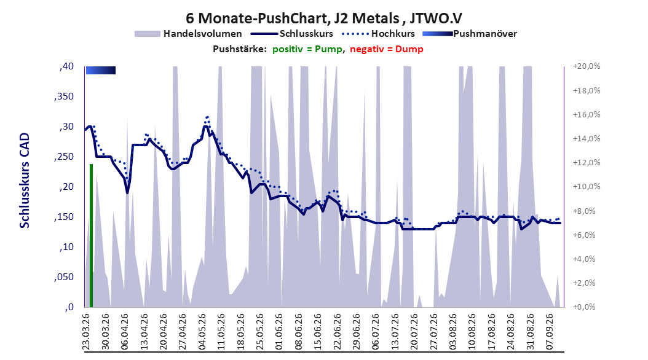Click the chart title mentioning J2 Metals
point(323,18)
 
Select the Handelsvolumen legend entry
point(188,34)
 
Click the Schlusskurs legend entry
point(292,34)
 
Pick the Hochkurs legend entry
point(379,34)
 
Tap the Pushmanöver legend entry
point(470,34)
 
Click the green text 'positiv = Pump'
point(307,49)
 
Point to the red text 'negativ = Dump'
point(387,49)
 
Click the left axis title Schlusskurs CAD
point(25,181)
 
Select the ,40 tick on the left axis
point(66,66)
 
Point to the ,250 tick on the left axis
point(64,157)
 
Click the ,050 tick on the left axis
point(64,277)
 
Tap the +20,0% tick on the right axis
point(587,66)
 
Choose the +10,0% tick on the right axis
point(587,187)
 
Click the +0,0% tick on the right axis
point(584,307)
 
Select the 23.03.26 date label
point(86,332)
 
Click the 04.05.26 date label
point(202,332)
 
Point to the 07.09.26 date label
point(550,332)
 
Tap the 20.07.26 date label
point(414,332)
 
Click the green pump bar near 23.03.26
point(92,236)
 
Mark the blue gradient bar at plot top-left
point(101,70)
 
